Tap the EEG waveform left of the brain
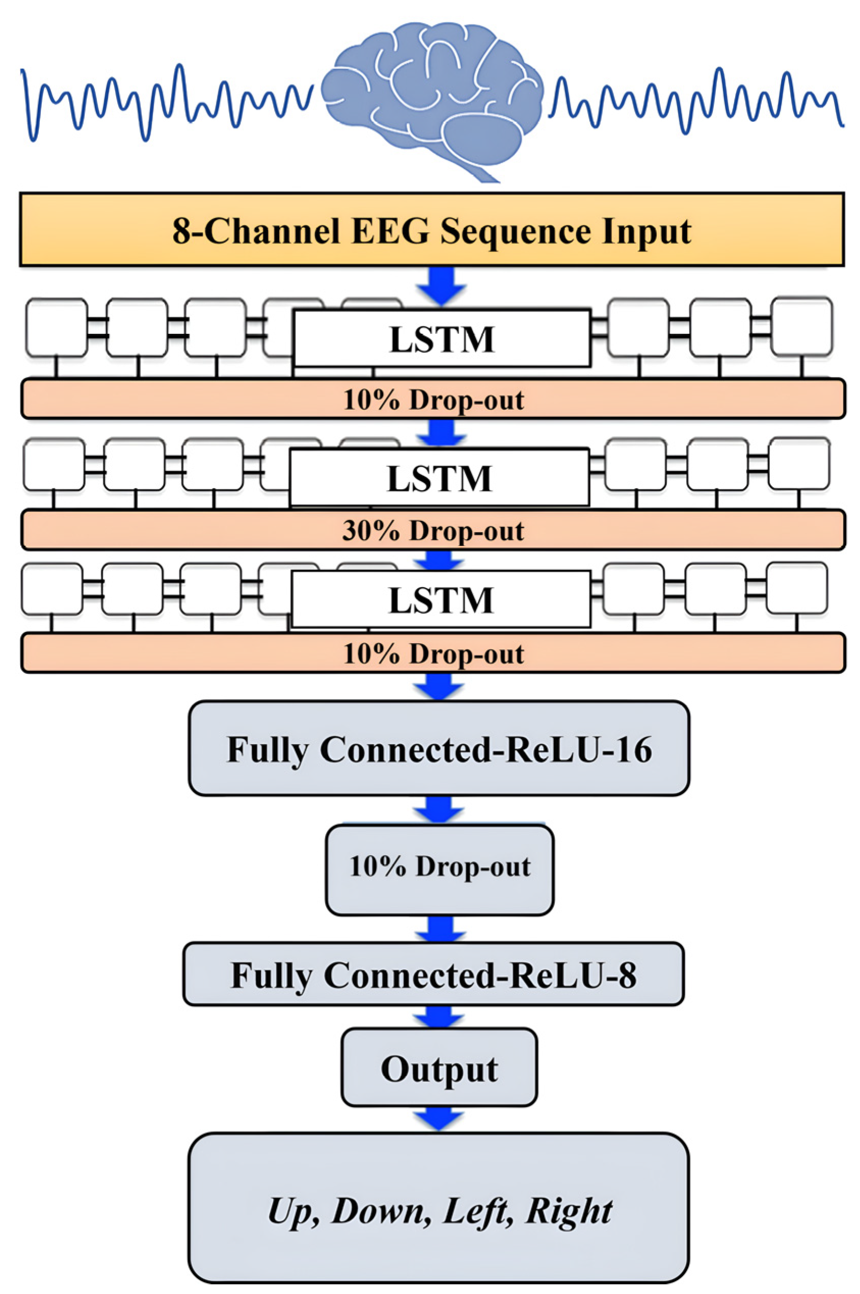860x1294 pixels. click(x=165, y=101)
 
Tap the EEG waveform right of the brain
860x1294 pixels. click(x=696, y=101)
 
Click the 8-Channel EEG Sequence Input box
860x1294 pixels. click(x=432, y=230)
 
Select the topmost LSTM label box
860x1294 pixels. click(x=442, y=338)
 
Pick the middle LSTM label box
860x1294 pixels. click(x=439, y=478)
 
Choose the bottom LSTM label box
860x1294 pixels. click(x=440, y=599)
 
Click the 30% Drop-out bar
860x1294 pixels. click(x=433, y=530)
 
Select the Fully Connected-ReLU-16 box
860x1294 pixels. click(x=439, y=748)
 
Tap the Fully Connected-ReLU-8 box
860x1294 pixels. click(x=433, y=975)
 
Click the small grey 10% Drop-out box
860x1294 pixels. click(x=439, y=867)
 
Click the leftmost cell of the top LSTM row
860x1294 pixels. click(x=57, y=328)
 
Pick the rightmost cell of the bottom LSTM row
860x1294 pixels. click(x=796, y=588)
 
